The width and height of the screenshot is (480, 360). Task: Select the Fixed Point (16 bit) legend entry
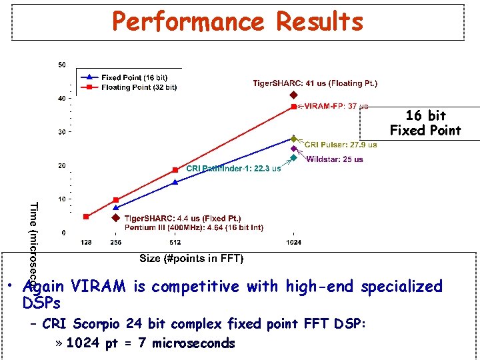(x=133, y=78)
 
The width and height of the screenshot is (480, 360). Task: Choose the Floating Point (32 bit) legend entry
(x=139, y=87)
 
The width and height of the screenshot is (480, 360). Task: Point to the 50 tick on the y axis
(x=62, y=65)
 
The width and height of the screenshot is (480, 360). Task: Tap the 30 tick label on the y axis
(x=62, y=132)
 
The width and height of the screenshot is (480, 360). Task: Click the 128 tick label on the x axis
(x=86, y=243)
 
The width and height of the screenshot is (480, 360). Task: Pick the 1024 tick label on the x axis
(x=293, y=243)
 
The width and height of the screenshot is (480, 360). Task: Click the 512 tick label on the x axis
(x=175, y=243)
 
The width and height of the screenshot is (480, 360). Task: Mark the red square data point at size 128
(x=86, y=217)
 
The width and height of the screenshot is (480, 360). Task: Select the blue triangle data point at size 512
(x=175, y=181)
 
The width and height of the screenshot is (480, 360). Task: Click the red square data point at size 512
(x=175, y=170)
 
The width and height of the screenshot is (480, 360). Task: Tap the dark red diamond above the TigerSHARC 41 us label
(x=293, y=95)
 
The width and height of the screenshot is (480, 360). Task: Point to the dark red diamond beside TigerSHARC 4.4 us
(x=115, y=218)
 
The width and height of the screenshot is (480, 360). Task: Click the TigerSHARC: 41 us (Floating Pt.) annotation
(x=315, y=83)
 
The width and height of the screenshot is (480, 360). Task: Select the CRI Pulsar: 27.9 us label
(x=341, y=145)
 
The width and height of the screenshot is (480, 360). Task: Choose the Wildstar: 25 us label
(x=335, y=159)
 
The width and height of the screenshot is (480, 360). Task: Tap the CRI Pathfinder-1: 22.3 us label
(x=233, y=168)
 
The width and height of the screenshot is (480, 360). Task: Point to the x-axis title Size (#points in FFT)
(x=191, y=258)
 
